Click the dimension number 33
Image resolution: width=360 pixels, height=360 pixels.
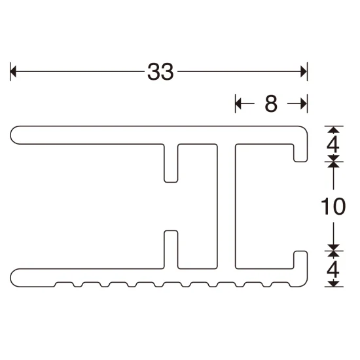(160, 72)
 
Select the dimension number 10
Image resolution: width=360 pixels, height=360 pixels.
(334, 207)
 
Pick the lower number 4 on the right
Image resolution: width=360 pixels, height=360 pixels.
(334, 269)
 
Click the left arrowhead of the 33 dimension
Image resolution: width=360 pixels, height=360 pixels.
(14, 72)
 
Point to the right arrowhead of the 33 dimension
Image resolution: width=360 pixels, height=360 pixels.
(303, 72)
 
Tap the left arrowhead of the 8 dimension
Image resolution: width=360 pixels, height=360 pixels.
(239, 103)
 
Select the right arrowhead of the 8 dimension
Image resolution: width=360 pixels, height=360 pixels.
(303, 103)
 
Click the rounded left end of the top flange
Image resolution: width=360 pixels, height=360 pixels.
(15, 135)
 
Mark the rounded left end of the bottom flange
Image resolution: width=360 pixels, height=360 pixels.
(15, 276)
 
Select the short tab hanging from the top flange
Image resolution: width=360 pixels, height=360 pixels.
(171, 164)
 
